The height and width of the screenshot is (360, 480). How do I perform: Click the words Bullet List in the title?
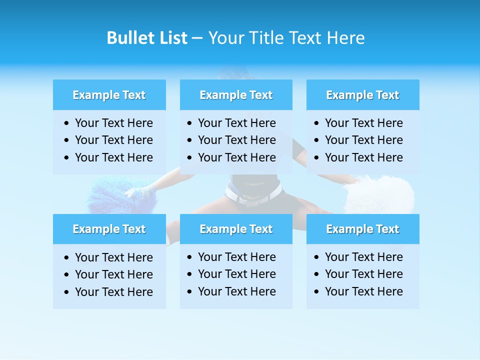pyautogui.click(x=147, y=38)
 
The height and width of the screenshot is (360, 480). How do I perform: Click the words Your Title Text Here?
pyautogui.click(x=286, y=38)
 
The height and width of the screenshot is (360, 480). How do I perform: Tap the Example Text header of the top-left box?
pyautogui.click(x=109, y=95)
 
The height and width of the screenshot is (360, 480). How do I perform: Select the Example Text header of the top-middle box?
pyautogui.click(x=236, y=95)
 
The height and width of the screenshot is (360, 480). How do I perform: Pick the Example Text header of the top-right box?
pyautogui.click(x=362, y=95)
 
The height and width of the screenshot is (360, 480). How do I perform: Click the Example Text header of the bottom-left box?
pyautogui.click(x=109, y=229)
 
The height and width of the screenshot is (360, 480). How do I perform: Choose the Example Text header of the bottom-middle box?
pyautogui.click(x=236, y=229)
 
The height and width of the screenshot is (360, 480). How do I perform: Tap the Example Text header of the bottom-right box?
pyautogui.click(x=362, y=229)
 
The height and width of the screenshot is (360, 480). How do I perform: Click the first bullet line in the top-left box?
pyautogui.click(x=113, y=123)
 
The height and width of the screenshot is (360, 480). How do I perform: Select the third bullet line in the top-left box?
pyautogui.click(x=113, y=157)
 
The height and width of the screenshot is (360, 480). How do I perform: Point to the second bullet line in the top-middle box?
pyautogui.click(x=236, y=140)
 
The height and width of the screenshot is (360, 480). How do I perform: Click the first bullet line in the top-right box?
pyautogui.click(x=363, y=123)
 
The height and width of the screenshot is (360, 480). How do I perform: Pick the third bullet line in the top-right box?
pyautogui.click(x=363, y=157)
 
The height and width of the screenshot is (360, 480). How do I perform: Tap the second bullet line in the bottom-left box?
pyautogui.click(x=113, y=274)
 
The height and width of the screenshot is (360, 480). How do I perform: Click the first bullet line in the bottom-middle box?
pyautogui.click(x=236, y=257)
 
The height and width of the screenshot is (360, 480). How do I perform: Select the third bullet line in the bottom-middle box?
pyautogui.click(x=236, y=291)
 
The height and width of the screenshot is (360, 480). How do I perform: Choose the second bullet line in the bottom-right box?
pyautogui.click(x=363, y=274)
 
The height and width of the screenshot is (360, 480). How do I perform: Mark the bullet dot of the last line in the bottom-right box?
pyautogui.click(x=317, y=291)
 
